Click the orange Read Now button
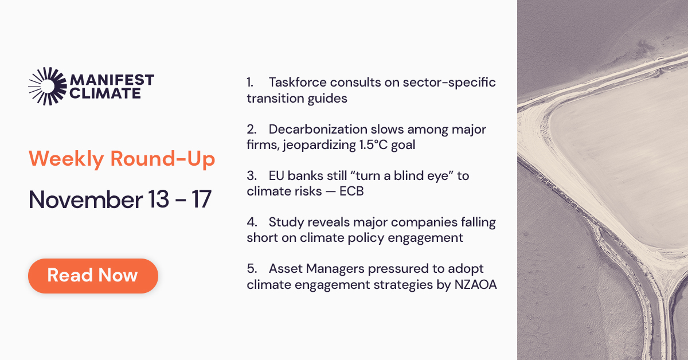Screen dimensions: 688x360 [x=93, y=276]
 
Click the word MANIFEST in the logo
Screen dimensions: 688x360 [x=112, y=80]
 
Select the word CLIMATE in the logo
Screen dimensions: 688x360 [x=105, y=93]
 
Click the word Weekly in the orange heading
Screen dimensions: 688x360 [x=67, y=159]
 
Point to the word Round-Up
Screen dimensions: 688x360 [x=163, y=159]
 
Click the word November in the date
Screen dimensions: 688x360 [x=85, y=199]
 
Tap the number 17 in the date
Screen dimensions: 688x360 [x=202, y=199]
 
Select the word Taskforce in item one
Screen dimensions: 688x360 [x=298, y=83]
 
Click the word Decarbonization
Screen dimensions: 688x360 [x=318, y=130]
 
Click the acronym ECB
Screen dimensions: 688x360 [x=351, y=191]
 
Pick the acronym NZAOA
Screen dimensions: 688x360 [x=475, y=284]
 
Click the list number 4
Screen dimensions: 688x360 [x=252, y=222]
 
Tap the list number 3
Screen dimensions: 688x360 [x=252, y=175]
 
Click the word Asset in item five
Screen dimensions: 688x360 [x=286, y=269]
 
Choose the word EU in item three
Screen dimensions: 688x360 [x=276, y=175]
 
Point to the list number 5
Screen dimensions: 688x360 [x=252, y=269]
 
